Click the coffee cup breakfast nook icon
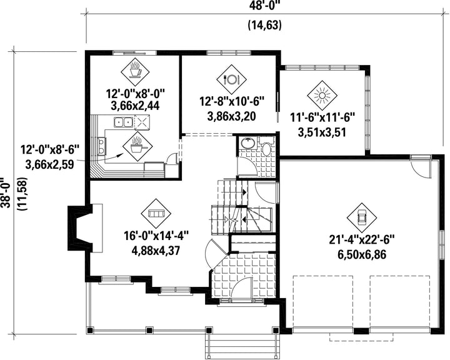(135, 71)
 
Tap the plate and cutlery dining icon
(231, 79)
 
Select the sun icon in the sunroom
(322, 95)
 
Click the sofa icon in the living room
(156, 213)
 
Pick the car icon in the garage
(362, 217)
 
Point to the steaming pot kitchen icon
(137, 145)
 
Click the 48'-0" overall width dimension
(264, 5)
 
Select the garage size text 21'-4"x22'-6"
(362, 240)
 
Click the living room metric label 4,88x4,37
(156, 251)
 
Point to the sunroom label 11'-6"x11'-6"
(322, 117)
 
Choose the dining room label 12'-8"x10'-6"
(231, 101)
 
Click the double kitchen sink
(123, 122)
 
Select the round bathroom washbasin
(247, 143)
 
